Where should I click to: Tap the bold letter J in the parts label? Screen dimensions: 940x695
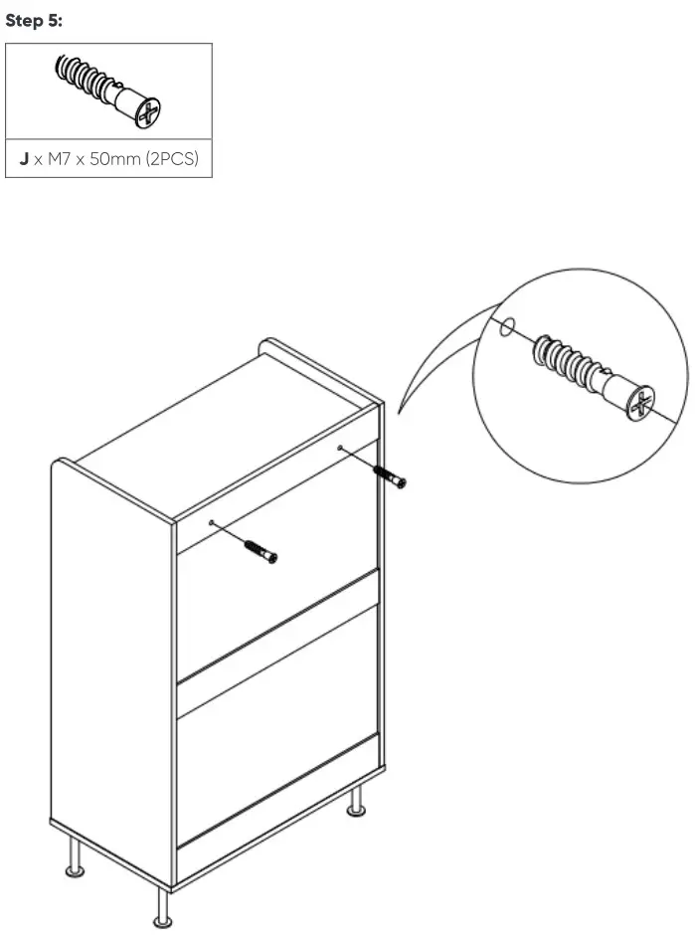point(24,159)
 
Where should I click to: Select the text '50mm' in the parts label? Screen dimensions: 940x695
point(114,159)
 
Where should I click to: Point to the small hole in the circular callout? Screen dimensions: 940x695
point(507,325)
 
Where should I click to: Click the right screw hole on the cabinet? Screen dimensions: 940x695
point(340,449)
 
